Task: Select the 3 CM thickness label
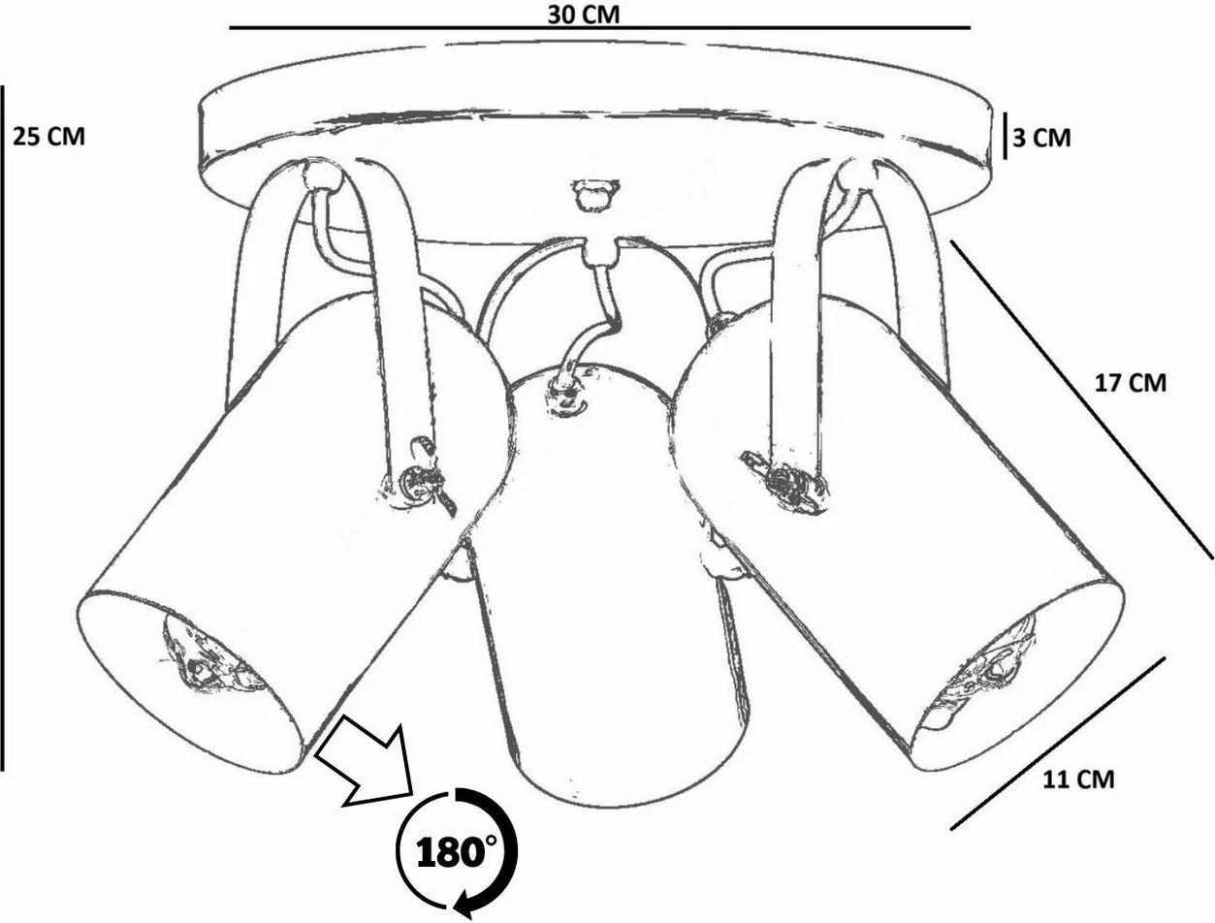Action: click(x=1041, y=138)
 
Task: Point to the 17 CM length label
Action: click(x=1130, y=383)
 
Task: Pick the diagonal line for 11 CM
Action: click(x=1058, y=743)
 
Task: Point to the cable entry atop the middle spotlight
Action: click(x=565, y=393)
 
